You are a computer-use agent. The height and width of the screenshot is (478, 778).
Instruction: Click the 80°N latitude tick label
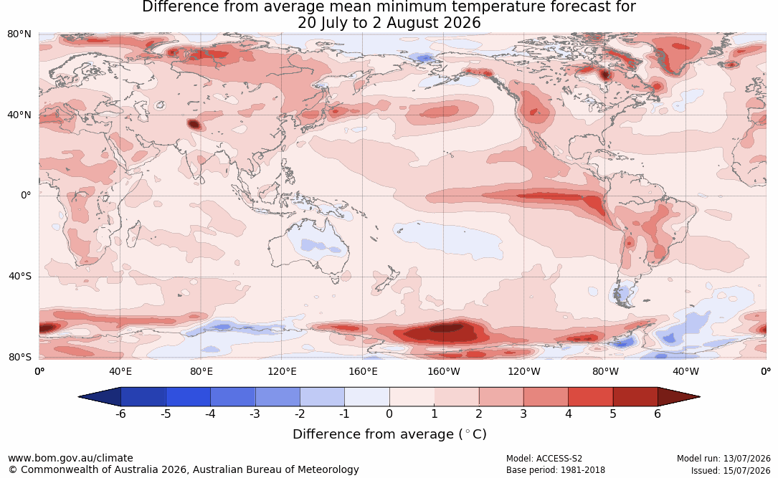pos(19,34)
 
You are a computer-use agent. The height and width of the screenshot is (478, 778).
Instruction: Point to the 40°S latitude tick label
pos(20,276)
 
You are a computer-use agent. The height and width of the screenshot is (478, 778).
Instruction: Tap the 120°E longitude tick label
pos(282,371)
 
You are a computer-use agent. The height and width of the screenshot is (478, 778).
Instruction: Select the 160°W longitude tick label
pos(444,371)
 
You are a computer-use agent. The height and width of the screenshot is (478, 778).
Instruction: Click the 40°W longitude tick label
pos(686,371)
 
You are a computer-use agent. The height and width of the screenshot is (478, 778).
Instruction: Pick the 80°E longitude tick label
pos(201,371)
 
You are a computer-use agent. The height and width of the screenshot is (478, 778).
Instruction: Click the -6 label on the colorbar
pos(120,414)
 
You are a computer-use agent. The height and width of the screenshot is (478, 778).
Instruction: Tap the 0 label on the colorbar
pos(389,414)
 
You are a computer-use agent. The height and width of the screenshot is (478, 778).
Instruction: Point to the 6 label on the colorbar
pos(658,414)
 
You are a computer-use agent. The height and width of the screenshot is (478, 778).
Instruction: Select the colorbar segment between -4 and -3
pos(233,397)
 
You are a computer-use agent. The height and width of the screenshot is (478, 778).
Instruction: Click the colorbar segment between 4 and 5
pos(590,397)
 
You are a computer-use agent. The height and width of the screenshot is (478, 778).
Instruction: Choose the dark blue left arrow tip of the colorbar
pos(80,397)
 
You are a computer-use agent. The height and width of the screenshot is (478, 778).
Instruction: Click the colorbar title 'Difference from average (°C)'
pos(389,434)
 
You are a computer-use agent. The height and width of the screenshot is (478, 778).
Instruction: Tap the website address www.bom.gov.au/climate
pos(70,458)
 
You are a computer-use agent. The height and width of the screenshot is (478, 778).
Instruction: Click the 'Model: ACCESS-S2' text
pos(544,459)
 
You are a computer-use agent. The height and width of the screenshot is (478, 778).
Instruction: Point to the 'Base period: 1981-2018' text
pos(555,470)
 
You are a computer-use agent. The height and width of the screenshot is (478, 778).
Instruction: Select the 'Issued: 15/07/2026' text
pos(731,470)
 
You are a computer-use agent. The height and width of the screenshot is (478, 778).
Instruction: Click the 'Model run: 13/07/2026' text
pos(724,459)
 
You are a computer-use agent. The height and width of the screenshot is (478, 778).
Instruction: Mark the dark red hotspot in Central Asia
pos(194,124)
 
